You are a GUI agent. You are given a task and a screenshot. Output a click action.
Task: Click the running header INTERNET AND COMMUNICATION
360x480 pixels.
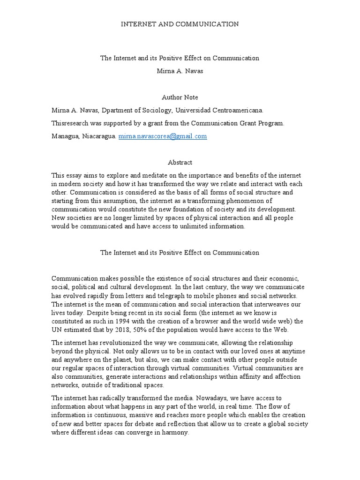pyautogui.click(x=180, y=23)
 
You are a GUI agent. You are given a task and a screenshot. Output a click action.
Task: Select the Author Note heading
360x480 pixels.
pyautogui.click(x=180, y=97)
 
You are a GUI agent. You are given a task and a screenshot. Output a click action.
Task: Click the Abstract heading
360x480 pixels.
pyautogui.click(x=180, y=162)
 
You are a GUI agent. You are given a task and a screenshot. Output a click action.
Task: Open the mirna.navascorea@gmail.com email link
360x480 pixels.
pyautogui.click(x=162, y=136)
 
